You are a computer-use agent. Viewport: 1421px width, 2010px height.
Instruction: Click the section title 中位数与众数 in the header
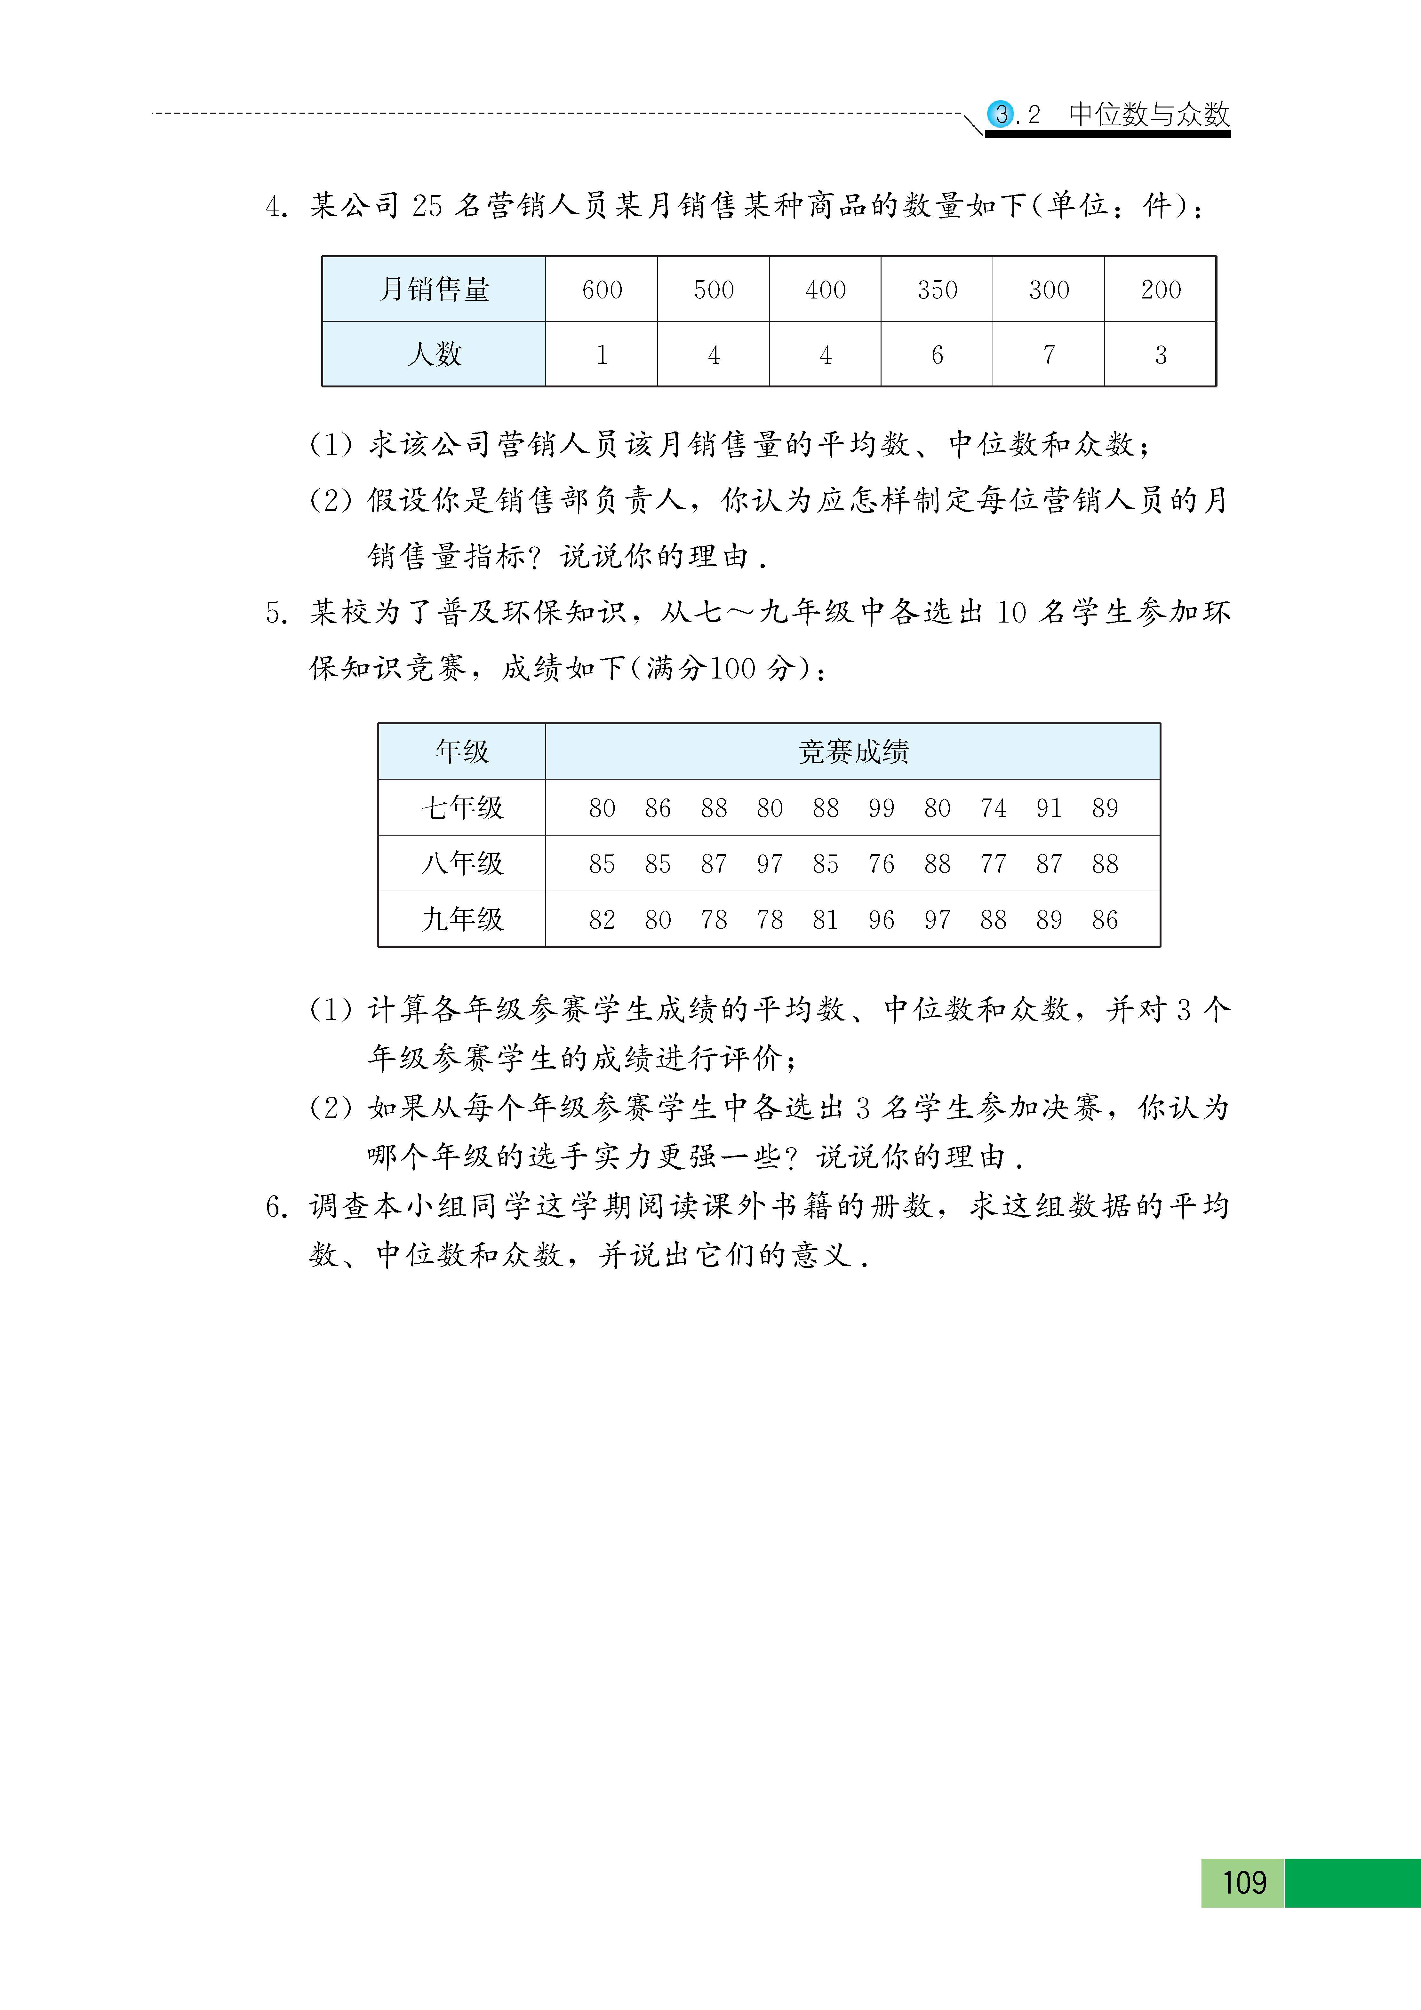pos(1149,115)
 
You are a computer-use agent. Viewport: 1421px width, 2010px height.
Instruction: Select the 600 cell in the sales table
pos(602,290)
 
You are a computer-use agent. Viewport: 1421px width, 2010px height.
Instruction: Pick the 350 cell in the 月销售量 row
pos(937,290)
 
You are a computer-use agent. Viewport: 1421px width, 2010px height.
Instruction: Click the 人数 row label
pos(434,354)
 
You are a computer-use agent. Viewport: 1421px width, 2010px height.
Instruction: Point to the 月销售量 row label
pos(434,290)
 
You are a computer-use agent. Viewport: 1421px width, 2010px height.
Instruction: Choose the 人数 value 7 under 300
pos(1049,354)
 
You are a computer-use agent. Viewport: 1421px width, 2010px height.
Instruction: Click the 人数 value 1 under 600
pos(602,354)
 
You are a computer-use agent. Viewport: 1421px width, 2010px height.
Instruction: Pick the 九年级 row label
pos(462,919)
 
